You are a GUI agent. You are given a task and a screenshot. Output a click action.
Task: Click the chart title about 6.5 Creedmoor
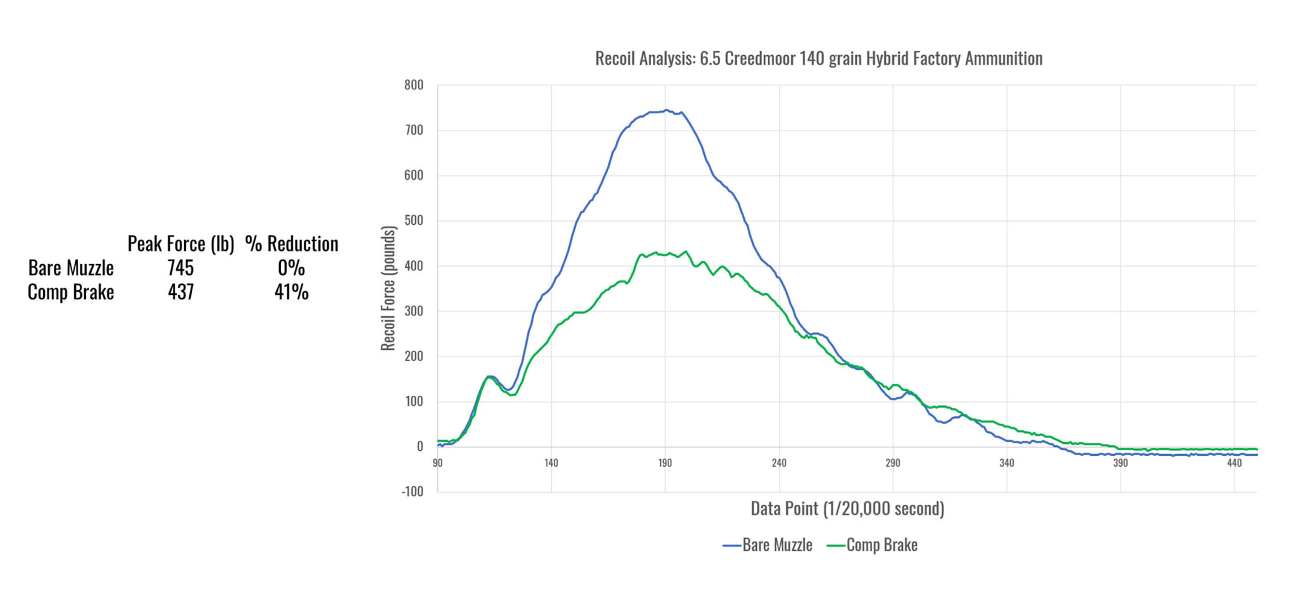pyautogui.click(x=818, y=59)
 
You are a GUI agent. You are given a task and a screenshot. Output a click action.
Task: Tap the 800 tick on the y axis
pyautogui.click(x=414, y=85)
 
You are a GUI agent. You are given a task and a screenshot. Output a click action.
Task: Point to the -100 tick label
pyautogui.click(x=412, y=491)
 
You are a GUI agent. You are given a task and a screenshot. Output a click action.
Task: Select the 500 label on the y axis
pyautogui.click(x=414, y=220)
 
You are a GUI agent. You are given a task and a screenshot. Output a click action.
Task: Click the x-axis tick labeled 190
pyautogui.click(x=664, y=463)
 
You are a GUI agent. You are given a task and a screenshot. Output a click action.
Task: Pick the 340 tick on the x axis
pyautogui.click(x=1006, y=463)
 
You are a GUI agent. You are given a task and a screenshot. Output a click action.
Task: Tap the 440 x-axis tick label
pyautogui.click(x=1234, y=463)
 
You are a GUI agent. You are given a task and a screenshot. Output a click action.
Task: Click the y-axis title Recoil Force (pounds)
pyautogui.click(x=388, y=288)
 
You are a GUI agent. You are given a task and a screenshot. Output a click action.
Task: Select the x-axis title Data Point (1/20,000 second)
pyautogui.click(x=847, y=509)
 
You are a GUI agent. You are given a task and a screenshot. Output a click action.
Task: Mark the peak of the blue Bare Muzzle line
pyautogui.click(x=666, y=110)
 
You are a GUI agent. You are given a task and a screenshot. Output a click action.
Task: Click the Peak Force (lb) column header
pyautogui.click(x=181, y=244)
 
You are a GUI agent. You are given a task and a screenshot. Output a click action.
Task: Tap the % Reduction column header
pyautogui.click(x=292, y=244)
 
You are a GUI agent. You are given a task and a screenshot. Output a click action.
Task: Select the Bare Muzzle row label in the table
pyautogui.click(x=71, y=268)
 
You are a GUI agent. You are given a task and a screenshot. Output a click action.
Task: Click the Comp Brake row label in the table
pyautogui.click(x=71, y=292)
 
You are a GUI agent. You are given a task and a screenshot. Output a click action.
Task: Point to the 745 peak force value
pyautogui.click(x=180, y=268)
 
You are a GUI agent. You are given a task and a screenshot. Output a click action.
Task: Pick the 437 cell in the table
pyautogui.click(x=180, y=292)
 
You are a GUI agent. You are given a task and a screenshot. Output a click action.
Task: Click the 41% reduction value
pyautogui.click(x=291, y=292)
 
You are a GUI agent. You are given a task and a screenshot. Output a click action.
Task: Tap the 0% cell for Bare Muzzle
pyautogui.click(x=291, y=268)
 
